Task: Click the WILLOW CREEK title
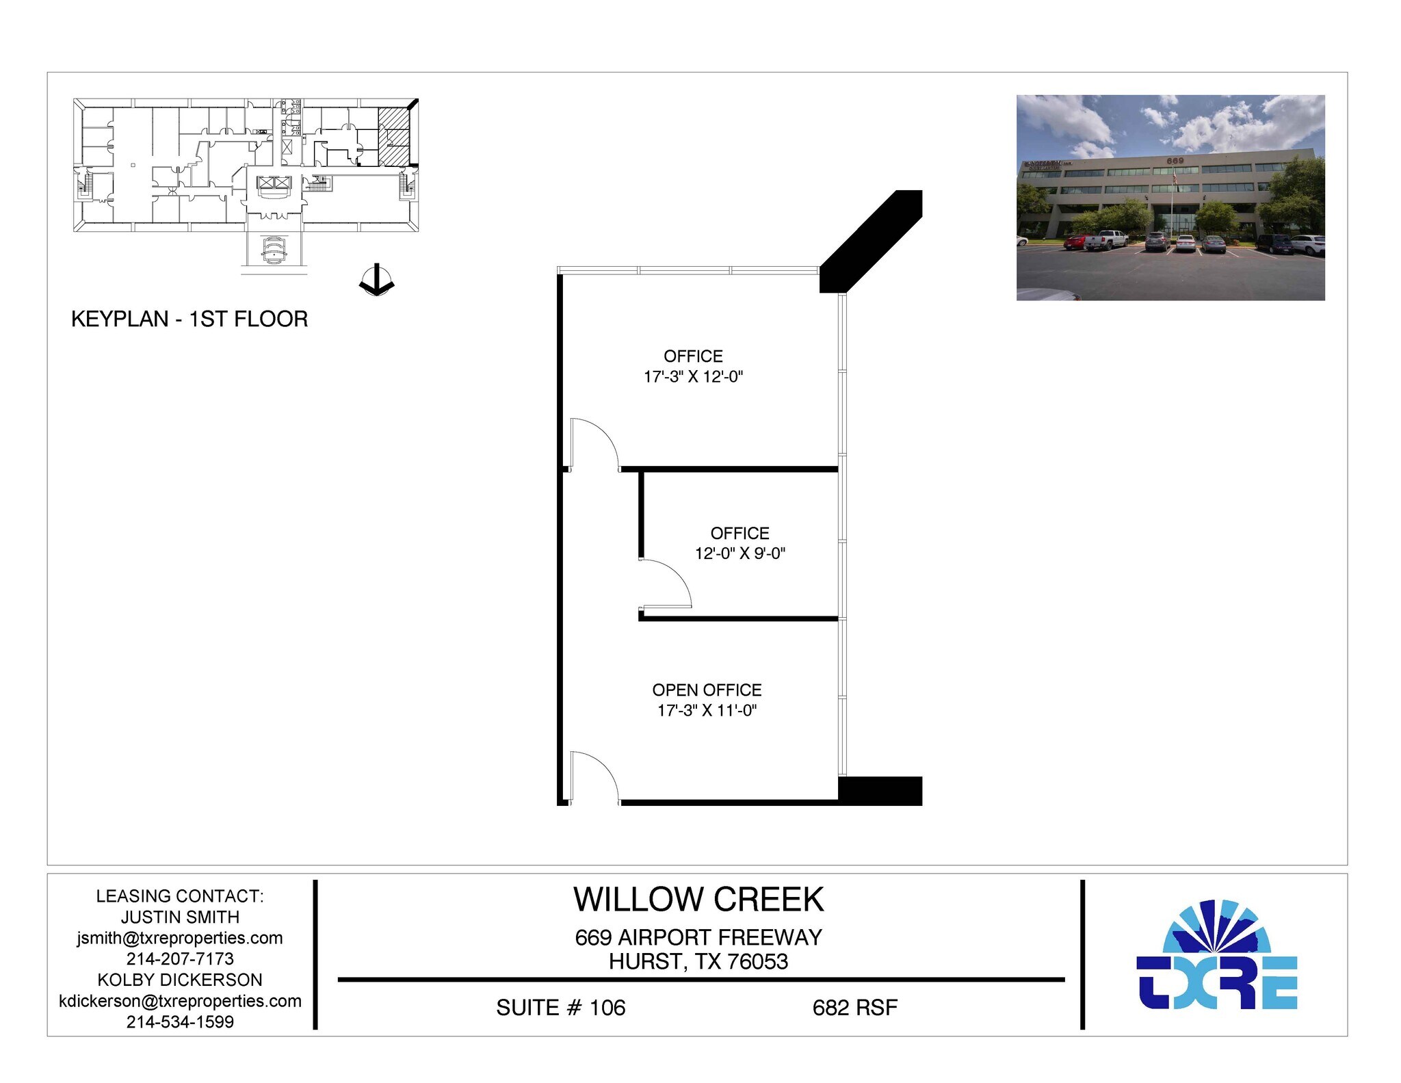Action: pyautogui.click(x=698, y=899)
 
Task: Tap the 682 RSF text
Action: pyautogui.click(x=854, y=1008)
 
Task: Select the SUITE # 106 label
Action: pyautogui.click(x=560, y=1008)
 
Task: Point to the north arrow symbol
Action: pyautogui.click(x=376, y=280)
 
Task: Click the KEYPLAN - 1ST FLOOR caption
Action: pyautogui.click(x=189, y=319)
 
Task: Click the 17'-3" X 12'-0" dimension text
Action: pyautogui.click(x=693, y=376)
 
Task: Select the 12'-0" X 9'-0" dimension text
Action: pyautogui.click(x=739, y=553)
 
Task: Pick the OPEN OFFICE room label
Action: pyautogui.click(x=707, y=690)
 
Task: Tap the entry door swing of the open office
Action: pyautogui.click(x=594, y=777)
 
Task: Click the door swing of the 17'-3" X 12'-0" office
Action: pyautogui.click(x=594, y=443)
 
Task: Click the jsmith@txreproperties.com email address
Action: pyautogui.click(x=180, y=938)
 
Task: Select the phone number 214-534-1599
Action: pyautogui.click(x=180, y=1021)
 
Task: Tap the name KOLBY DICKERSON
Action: pyautogui.click(x=180, y=980)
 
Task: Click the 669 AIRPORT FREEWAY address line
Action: pyautogui.click(x=698, y=937)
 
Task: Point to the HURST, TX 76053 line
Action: pyautogui.click(x=698, y=961)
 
